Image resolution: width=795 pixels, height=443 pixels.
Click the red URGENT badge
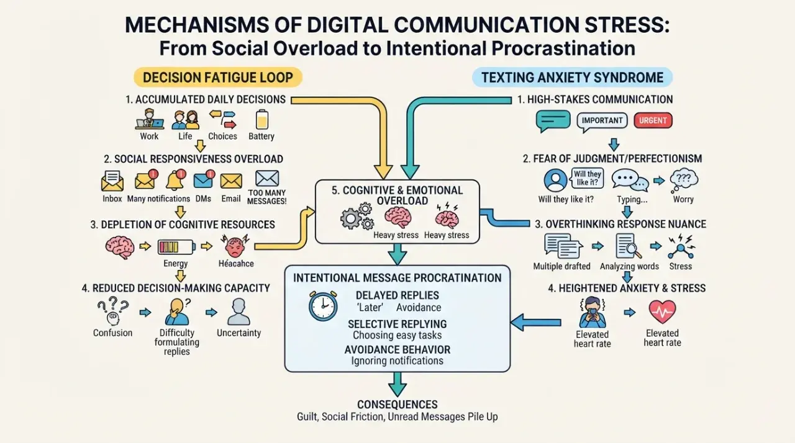pos(653,120)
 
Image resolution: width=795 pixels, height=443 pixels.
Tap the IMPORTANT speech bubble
pos(602,121)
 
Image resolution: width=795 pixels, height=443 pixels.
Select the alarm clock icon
pos(323,306)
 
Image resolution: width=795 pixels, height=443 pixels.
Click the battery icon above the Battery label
pos(262,119)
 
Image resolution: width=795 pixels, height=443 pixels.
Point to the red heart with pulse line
pos(662,312)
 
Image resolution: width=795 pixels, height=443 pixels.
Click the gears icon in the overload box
pos(357,216)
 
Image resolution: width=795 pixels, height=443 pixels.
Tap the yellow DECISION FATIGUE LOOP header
pos(218,78)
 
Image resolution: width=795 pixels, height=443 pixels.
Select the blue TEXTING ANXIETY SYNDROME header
pos(572,78)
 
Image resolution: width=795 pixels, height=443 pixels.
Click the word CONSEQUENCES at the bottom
pos(397,405)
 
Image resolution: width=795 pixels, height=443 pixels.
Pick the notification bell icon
pos(175,180)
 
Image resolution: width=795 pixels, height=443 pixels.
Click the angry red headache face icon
pos(235,246)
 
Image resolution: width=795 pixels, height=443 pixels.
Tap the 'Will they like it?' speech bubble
pos(588,178)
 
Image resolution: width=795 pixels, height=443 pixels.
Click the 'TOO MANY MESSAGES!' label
pos(267,197)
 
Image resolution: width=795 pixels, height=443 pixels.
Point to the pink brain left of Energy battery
pos(120,247)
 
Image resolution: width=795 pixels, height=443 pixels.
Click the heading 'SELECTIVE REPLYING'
pos(397,324)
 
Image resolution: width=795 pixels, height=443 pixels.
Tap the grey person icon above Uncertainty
pos(239,312)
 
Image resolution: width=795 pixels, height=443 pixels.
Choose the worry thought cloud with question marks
pos(684,180)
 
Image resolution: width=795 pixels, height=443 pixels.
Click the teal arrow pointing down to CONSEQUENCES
pos(397,384)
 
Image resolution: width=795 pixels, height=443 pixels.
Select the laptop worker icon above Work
pos(150,119)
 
